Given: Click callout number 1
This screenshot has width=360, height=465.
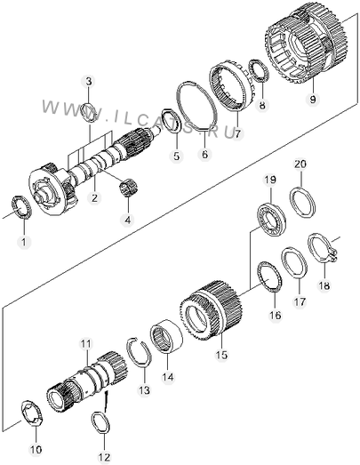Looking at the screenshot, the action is pyautogui.click(x=24, y=242).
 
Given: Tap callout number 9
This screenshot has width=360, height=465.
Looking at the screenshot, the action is pyautogui.click(x=313, y=99).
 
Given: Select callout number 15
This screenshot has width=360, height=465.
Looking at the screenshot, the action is pyautogui.click(x=222, y=355).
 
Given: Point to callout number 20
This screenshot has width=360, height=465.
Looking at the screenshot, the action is pyautogui.click(x=300, y=164).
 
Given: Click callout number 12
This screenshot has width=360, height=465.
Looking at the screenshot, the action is pyautogui.click(x=104, y=457).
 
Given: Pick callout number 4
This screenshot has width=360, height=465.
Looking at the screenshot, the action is pyautogui.click(x=127, y=220).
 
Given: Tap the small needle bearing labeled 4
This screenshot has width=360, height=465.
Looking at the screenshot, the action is pyautogui.click(x=130, y=188).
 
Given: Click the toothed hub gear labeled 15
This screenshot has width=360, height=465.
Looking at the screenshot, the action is pyautogui.click(x=212, y=310).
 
